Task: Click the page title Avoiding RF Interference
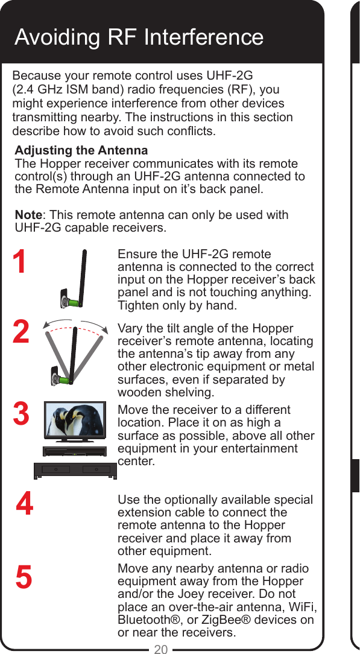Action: [x=139, y=37]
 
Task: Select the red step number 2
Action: [x=21, y=332]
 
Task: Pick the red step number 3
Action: [x=21, y=415]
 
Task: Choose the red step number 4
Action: [x=25, y=504]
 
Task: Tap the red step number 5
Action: [x=24, y=578]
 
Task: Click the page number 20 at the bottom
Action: [x=160, y=649]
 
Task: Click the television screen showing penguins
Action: [x=75, y=421]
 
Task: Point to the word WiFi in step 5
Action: [x=302, y=607]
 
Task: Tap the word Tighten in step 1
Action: [x=138, y=305]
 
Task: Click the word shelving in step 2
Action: [x=192, y=393]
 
